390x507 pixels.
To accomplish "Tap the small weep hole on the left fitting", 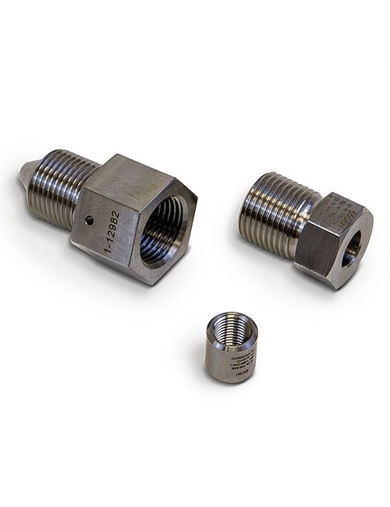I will click(x=90, y=220).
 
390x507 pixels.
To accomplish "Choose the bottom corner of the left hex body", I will click(x=140, y=279).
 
